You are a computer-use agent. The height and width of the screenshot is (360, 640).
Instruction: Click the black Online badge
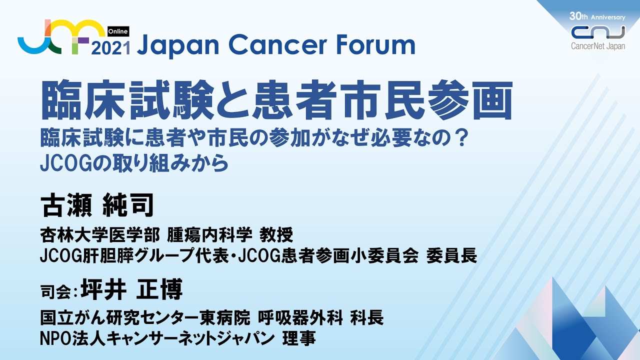(118, 31)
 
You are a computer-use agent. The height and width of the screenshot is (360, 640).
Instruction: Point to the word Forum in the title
(376, 45)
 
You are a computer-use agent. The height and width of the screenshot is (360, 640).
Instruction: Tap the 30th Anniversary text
(597, 16)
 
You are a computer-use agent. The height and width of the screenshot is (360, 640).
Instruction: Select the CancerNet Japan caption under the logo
(598, 46)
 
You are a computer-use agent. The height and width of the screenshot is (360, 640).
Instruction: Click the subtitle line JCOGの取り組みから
(134, 163)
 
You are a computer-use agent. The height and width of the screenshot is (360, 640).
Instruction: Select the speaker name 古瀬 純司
(97, 205)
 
